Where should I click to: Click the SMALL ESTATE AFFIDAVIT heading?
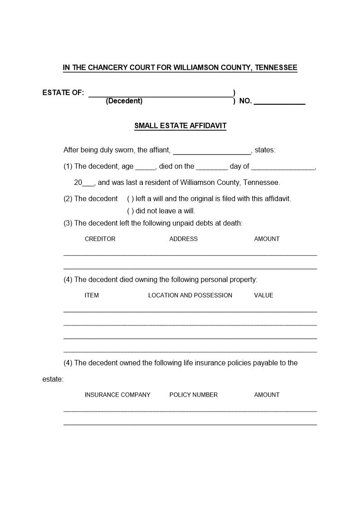[x=180, y=126]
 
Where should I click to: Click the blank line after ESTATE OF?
[x=161, y=94]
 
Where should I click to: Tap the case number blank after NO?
[x=279, y=102]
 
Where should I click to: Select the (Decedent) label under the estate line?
[x=124, y=101]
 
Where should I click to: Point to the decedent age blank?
[x=146, y=167]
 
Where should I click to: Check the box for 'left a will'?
[x=130, y=199]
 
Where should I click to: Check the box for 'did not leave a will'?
[x=130, y=211]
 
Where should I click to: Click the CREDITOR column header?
[x=100, y=239]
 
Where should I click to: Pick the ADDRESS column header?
[x=183, y=239]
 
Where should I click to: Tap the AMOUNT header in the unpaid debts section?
[x=267, y=239]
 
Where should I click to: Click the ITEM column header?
[x=92, y=295]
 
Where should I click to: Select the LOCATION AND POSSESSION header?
[x=190, y=295]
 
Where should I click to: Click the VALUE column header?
[x=263, y=295]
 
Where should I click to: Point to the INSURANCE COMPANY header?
[x=117, y=395]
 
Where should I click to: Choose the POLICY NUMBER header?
[x=194, y=395]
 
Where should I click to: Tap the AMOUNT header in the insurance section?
[x=267, y=395]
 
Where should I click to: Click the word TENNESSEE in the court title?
[x=276, y=68]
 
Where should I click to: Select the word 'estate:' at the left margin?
[x=53, y=379]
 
